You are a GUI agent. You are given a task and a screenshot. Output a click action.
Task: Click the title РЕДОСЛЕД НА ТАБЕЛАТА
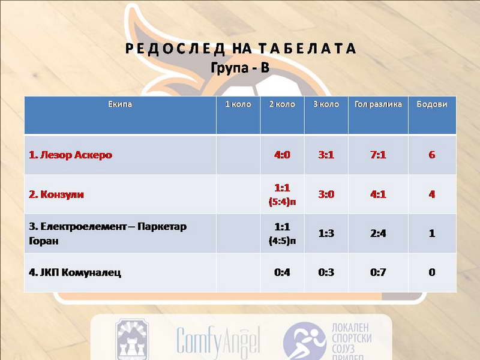click(x=241, y=49)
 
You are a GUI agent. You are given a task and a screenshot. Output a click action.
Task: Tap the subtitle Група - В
click(x=240, y=67)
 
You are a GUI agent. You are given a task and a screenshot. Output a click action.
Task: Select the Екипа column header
click(x=120, y=104)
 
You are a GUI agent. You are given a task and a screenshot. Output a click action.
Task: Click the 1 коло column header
click(x=238, y=104)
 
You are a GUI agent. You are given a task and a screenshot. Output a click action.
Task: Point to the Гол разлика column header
click(x=378, y=104)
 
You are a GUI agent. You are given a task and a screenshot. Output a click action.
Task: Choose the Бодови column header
click(x=431, y=104)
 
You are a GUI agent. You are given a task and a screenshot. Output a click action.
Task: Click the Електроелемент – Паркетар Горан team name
click(x=108, y=233)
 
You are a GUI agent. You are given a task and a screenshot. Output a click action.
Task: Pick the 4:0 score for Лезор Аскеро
click(x=282, y=155)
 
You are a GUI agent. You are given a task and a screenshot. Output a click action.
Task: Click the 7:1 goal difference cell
click(x=378, y=155)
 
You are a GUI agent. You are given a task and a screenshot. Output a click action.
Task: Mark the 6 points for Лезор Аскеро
click(x=431, y=155)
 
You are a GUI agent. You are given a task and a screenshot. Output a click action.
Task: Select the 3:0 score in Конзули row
click(x=326, y=194)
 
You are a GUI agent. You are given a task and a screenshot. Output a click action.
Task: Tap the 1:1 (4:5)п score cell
click(x=282, y=233)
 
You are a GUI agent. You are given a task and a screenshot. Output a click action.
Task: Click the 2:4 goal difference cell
click(x=378, y=233)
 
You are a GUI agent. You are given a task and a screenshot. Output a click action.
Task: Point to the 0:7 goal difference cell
click(x=378, y=272)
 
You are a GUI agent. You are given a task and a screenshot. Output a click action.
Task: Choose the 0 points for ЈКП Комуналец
click(x=431, y=272)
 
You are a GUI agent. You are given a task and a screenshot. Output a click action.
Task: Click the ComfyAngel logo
click(x=218, y=340)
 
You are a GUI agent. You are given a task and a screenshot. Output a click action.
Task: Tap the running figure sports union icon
click(x=304, y=341)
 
